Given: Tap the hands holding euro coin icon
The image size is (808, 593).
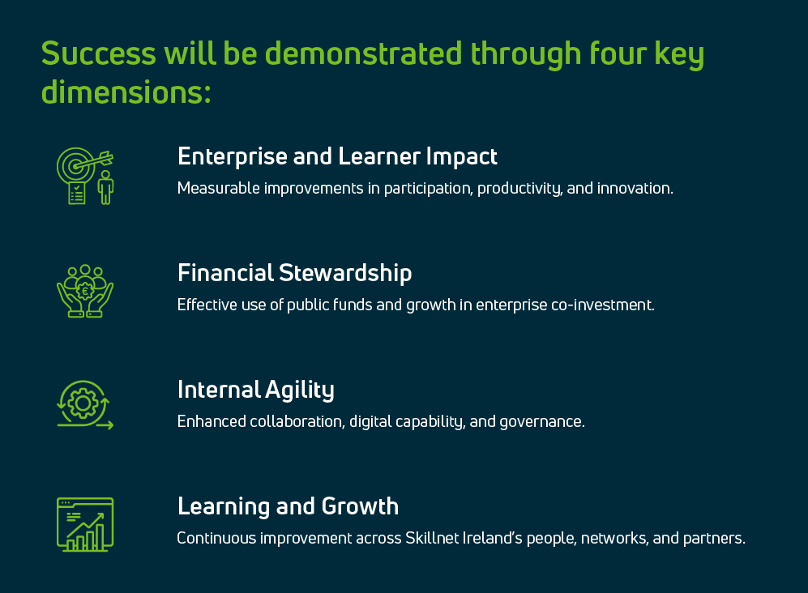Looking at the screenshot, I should [x=85, y=291].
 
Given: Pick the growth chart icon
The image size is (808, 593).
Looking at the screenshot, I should [x=85, y=524].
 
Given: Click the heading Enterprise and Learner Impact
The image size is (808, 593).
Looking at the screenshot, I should [x=337, y=156].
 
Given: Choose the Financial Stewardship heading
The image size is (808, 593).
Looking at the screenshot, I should [x=294, y=273].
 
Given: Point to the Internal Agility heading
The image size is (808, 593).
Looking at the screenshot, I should [x=255, y=390].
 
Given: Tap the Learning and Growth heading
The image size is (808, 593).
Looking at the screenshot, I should [x=288, y=506].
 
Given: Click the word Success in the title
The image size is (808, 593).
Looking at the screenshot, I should [x=98, y=53].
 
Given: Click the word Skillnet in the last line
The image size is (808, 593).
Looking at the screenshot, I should [x=434, y=539].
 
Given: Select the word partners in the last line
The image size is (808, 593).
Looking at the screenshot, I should [x=714, y=539].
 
